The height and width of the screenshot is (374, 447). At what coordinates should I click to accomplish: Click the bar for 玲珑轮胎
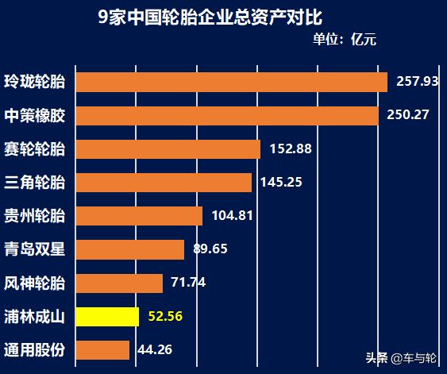pos(231,83)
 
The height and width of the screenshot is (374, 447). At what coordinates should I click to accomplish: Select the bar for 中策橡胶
pos(227,116)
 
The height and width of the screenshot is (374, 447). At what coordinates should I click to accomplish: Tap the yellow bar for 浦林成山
pos(107,317)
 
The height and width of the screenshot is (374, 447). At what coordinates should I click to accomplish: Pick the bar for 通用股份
pos(102,350)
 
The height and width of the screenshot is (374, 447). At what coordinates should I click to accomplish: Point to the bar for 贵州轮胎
pos(139,216)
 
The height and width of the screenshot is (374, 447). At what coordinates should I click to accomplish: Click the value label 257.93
pos(418,83)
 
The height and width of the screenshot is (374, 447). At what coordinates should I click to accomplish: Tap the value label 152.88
pos(291,149)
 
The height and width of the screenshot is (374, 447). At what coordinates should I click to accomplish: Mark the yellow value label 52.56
pos(166,316)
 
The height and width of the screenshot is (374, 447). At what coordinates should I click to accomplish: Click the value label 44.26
pos(155,349)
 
